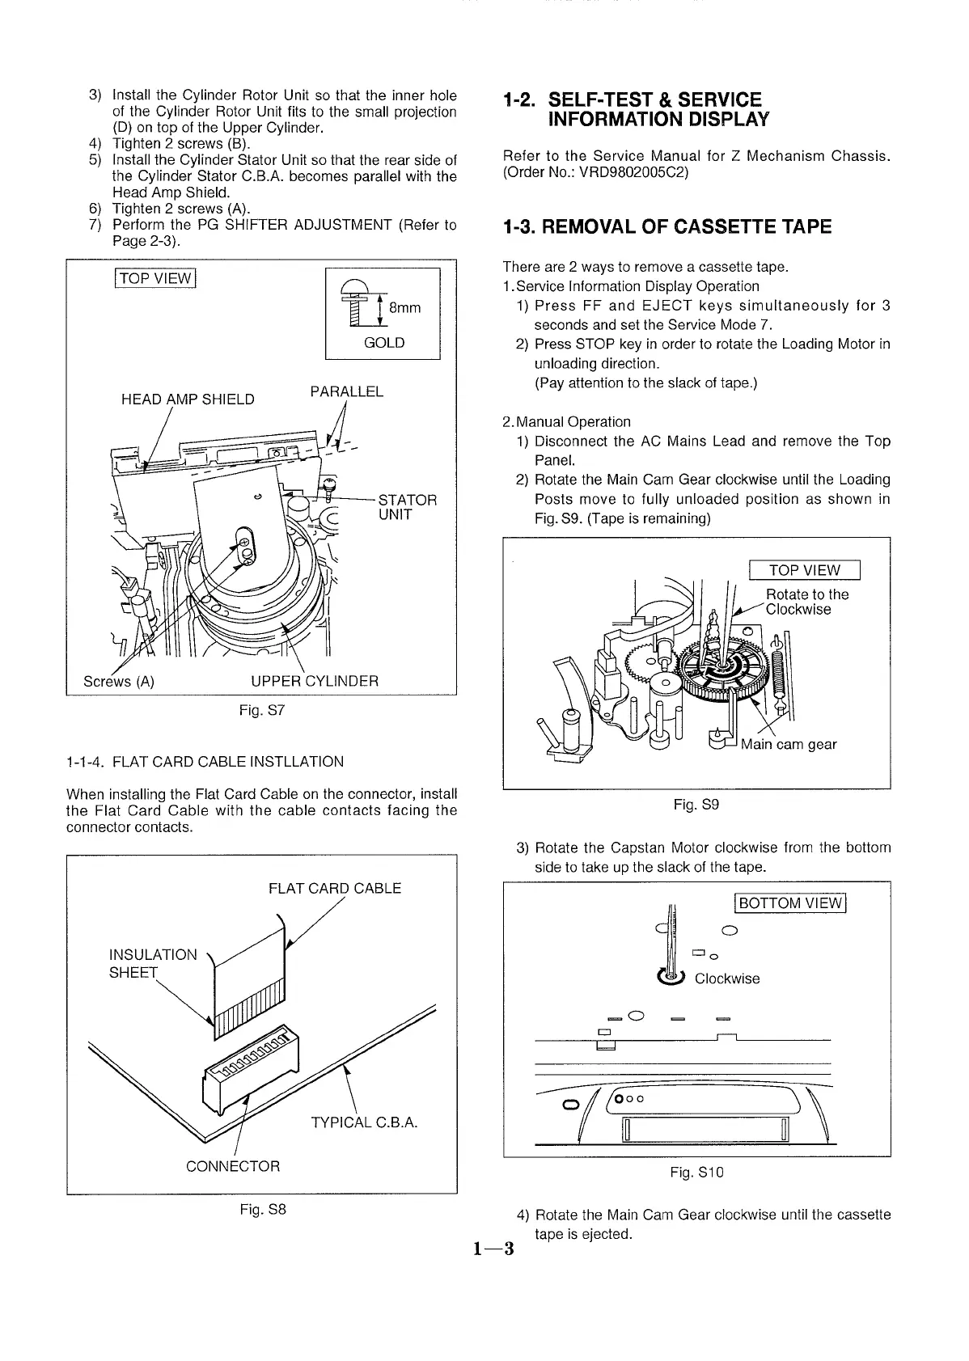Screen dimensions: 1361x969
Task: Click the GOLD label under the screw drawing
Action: (x=384, y=343)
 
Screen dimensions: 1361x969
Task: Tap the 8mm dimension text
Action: (x=405, y=308)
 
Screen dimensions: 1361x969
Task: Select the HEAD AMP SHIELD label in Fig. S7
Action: (x=188, y=399)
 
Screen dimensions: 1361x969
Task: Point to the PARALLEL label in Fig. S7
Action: (x=346, y=392)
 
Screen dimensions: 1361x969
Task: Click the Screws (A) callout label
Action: (x=119, y=680)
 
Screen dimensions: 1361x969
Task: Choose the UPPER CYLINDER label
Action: (x=315, y=680)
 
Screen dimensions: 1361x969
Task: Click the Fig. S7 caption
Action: (x=262, y=712)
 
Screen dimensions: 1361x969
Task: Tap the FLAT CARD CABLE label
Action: (x=335, y=888)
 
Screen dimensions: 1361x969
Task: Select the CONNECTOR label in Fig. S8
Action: (x=233, y=1166)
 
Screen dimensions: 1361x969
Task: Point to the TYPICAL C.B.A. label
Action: (x=364, y=1122)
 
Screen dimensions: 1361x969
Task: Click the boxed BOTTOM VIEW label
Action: (x=789, y=903)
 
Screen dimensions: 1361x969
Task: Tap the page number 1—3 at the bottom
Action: (x=494, y=1249)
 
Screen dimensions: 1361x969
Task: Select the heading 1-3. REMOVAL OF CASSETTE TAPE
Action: (x=666, y=226)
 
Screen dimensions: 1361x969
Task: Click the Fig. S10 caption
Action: (x=696, y=1173)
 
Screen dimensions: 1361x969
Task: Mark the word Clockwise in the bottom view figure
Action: (x=727, y=979)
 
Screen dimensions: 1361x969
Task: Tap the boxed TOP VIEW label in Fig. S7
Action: (x=156, y=279)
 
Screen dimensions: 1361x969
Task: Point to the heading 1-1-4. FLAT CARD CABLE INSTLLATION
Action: (x=205, y=762)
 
